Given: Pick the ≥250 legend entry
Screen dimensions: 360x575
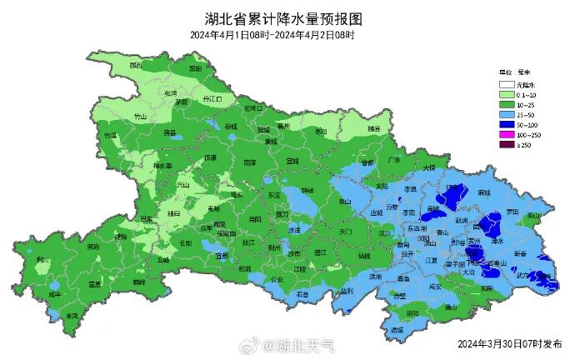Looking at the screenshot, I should click(516, 145).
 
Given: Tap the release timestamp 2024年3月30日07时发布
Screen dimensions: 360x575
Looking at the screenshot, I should click(509, 342).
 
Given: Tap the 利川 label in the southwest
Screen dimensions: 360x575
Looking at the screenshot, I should click(43, 261).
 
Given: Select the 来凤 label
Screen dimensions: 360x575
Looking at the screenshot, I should click(72, 316).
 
